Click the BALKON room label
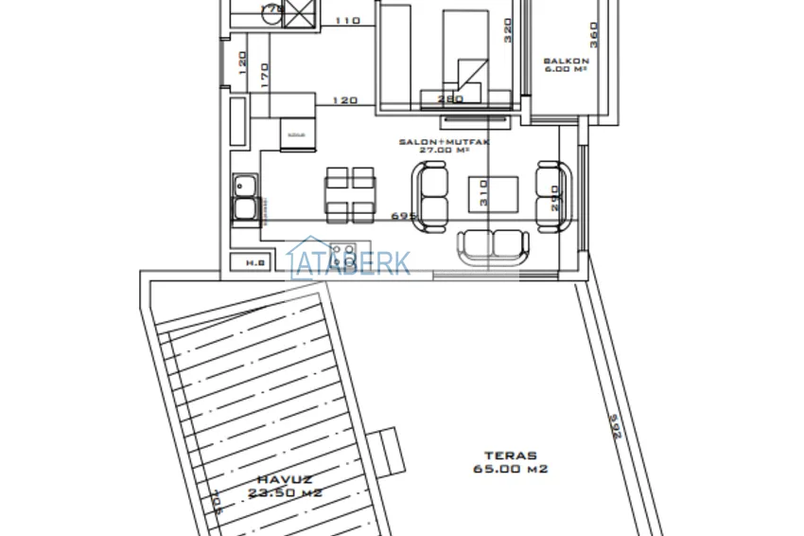click(567, 63)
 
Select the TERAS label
click(511, 455)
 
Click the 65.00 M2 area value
click(511, 469)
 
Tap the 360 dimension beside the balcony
click(594, 35)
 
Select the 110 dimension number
click(348, 20)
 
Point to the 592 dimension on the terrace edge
click(615, 430)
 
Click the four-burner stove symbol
click(343, 255)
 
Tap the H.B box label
click(254, 262)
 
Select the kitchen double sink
click(246, 199)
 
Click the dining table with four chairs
click(350, 192)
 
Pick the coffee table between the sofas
click(493, 194)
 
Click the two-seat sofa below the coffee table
click(490, 247)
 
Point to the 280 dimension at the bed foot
click(450, 98)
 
